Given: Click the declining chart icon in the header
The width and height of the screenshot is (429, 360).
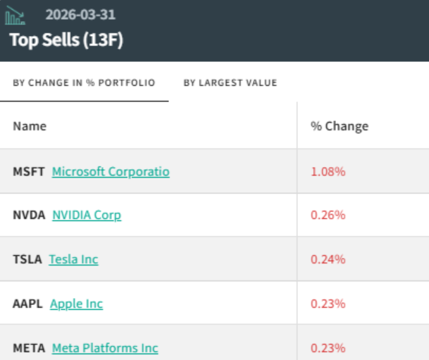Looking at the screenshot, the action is tap(15, 15).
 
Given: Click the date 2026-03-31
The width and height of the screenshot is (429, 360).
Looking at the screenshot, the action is tap(80, 15).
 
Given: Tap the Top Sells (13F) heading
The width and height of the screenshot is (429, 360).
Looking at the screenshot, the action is tap(66, 40).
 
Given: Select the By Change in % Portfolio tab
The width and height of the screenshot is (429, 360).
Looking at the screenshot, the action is tap(84, 82).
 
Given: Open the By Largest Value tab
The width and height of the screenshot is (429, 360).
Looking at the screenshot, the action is tap(230, 82).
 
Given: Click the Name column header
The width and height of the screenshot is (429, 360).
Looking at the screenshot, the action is tap(30, 126).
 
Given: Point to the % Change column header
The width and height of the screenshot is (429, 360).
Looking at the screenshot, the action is tap(340, 126).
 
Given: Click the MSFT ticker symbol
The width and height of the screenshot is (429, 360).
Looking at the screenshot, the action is tap(29, 172).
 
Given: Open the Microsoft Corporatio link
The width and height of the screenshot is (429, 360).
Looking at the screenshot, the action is tap(111, 172).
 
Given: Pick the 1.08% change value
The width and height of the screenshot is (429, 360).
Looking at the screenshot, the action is tap(328, 172).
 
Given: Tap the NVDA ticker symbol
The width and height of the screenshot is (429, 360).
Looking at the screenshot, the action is tap(29, 215).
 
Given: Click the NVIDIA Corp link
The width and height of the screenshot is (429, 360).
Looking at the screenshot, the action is tap(87, 216).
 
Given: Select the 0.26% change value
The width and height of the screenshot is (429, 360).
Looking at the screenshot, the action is tap(328, 215).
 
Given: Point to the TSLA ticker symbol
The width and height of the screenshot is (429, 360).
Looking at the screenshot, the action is tap(27, 259).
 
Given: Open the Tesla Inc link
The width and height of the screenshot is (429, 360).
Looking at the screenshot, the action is tap(73, 259).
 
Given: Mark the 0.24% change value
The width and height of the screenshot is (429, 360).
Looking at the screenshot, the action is tap(328, 259).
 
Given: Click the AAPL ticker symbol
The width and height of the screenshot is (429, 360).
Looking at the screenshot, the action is tap(27, 304).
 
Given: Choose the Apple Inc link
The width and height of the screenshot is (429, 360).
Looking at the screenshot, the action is tap(77, 304).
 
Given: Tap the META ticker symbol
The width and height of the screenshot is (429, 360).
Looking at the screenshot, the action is tap(29, 348).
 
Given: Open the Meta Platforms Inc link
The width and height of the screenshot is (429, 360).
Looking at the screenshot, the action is tap(105, 348).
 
